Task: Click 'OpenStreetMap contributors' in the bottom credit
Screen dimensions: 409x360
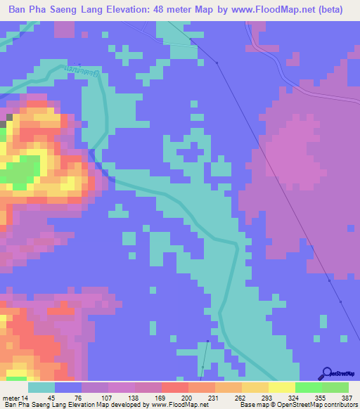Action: (x=316, y=405)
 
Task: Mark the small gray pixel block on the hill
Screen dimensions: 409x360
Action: (x=4, y=124)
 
